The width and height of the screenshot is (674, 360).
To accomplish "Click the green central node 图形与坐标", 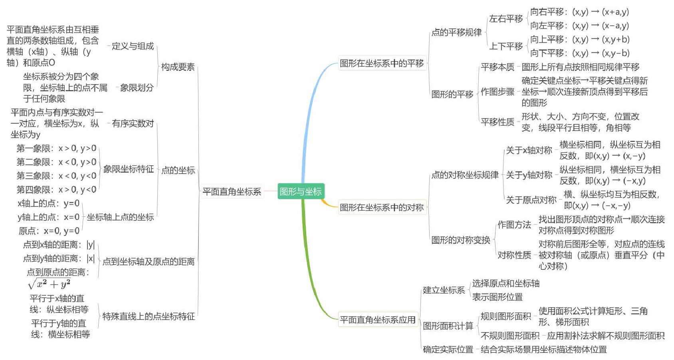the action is tap(301, 191).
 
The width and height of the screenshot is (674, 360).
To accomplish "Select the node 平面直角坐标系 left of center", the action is tap(232, 192).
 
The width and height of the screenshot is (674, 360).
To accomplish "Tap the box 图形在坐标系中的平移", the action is tap(382, 63).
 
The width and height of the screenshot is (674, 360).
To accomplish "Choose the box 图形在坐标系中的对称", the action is tap(382, 207).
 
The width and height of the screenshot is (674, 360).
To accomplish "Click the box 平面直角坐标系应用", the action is tap(378, 320).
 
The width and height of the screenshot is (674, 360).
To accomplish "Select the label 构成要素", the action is tap(178, 67).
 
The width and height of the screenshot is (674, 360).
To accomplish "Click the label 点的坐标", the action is tap(178, 170).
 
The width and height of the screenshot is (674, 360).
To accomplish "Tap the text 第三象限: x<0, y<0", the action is tap(56, 176).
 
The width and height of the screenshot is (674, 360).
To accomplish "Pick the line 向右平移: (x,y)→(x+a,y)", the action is tap(579, 12).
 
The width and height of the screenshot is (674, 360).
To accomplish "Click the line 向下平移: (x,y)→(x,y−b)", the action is tap(580, 53).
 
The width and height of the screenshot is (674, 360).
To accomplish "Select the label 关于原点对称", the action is tap(531, 200).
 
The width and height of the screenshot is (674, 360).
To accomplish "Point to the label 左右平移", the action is tap(506, 19).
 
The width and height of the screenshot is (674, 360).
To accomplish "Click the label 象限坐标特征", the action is tap(129, 169).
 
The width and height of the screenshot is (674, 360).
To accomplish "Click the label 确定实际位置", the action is tap(448, 349).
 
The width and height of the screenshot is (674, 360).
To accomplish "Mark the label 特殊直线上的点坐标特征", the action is tap(149, 316).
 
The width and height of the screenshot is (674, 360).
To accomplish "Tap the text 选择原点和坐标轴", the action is tap(506, 283).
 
